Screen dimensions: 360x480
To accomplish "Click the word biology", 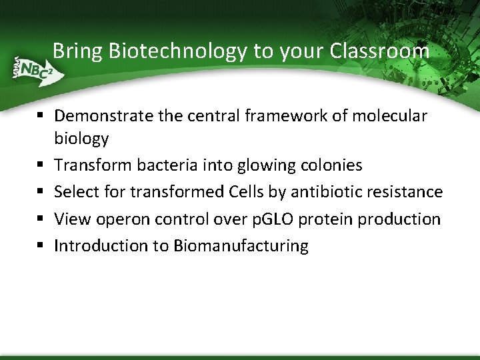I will [81, 139].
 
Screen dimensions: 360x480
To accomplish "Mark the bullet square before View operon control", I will [41, 219].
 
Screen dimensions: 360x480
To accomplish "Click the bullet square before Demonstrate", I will [41, 117].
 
